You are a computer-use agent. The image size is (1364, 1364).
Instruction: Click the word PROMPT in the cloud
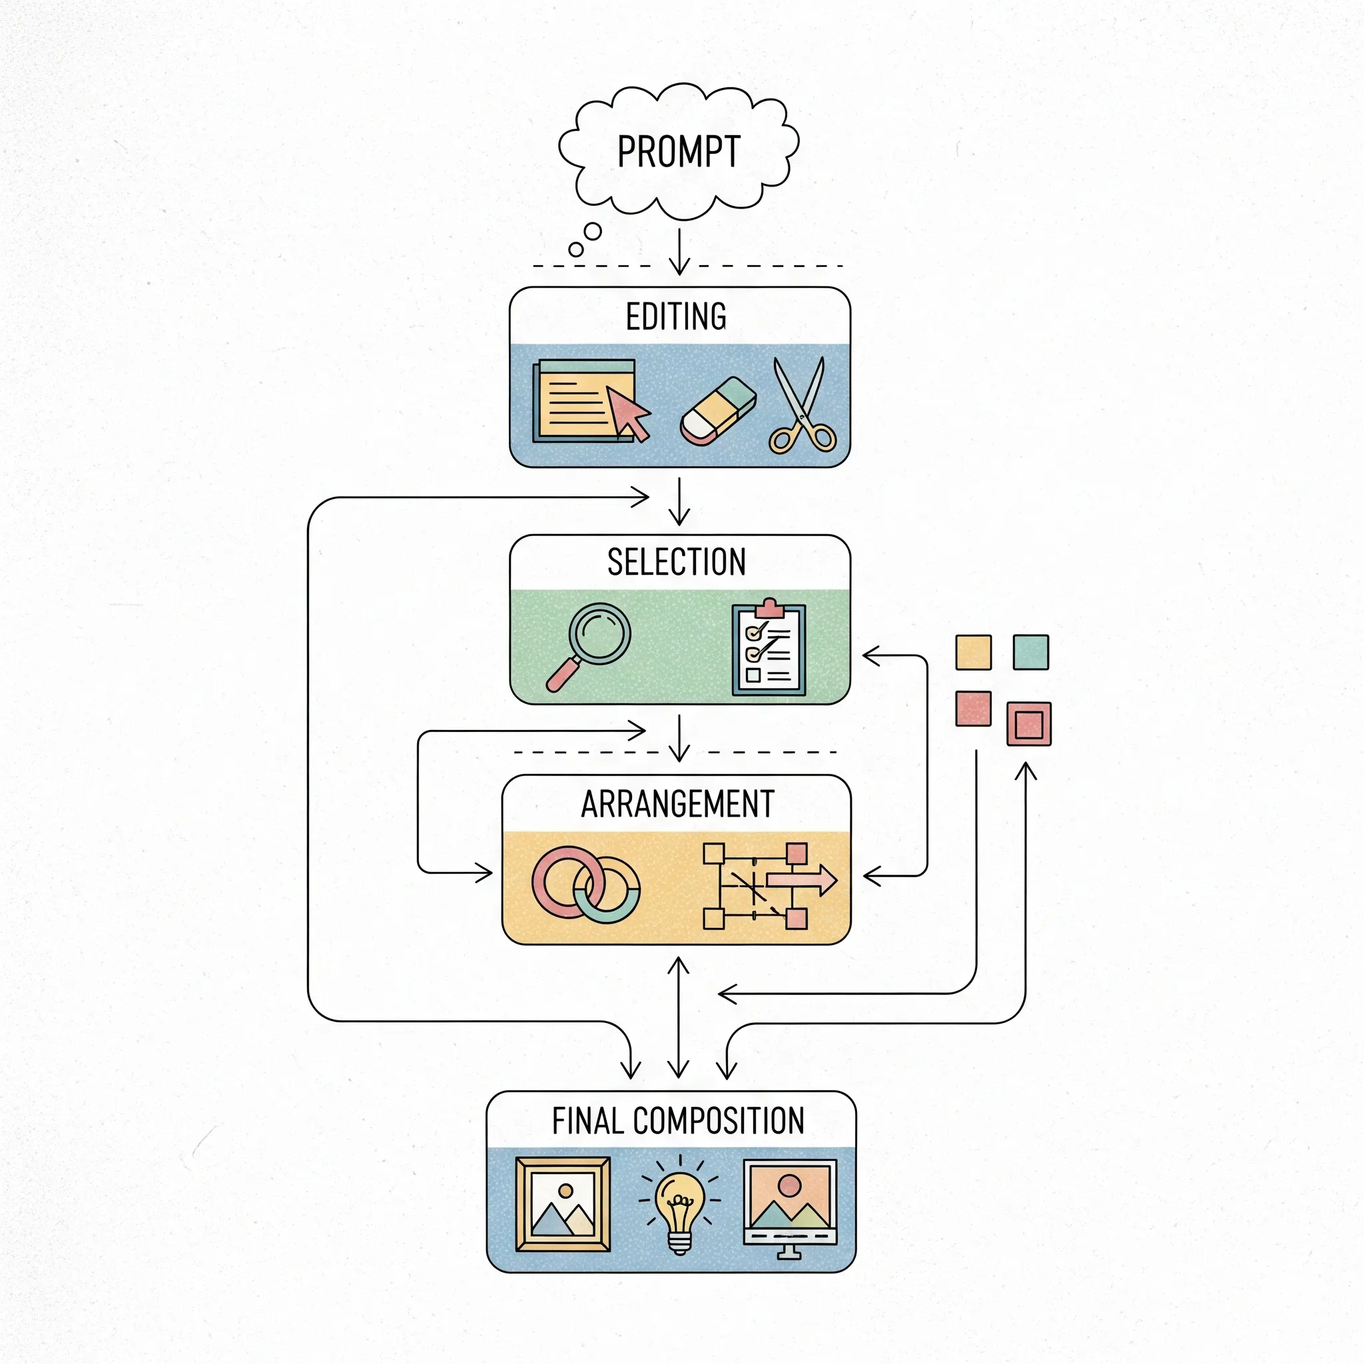679,151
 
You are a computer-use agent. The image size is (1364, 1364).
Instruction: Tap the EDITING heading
675,316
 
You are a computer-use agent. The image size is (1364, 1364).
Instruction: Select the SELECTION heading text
677,562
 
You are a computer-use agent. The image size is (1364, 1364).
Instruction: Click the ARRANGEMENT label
677,803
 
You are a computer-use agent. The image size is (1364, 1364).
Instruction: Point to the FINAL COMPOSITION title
678,1120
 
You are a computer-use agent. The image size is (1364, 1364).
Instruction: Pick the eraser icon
718,412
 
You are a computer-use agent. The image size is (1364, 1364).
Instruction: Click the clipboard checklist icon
769,649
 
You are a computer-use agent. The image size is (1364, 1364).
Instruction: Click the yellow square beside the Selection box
973,651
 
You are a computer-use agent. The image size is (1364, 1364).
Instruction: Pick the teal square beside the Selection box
1030,651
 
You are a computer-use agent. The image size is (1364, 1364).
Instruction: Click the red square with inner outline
1028,724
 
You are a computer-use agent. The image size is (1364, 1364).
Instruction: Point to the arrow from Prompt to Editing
679,251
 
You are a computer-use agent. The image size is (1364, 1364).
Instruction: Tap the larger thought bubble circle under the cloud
593,232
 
